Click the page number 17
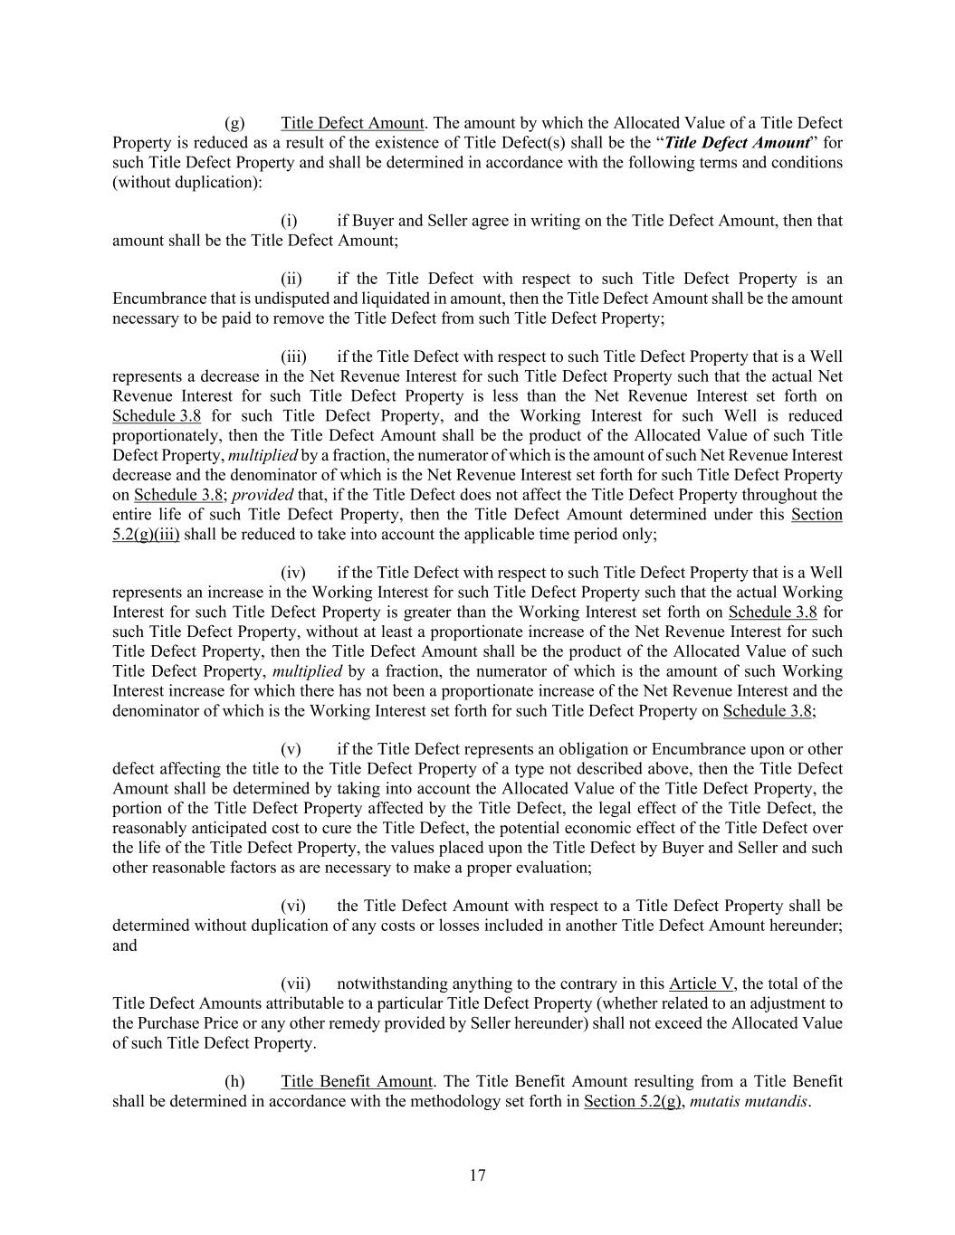pos(478,1175)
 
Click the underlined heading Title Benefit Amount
pos(357,1081)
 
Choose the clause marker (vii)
pos(295,983)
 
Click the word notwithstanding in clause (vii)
pos(389,983)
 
